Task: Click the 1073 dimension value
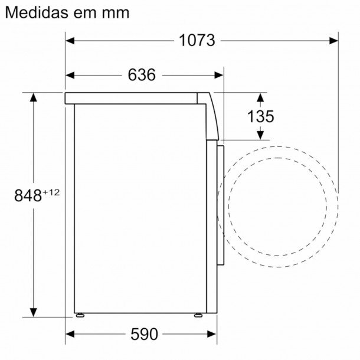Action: tap(198, 41)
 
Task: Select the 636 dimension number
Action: tap(142, 75)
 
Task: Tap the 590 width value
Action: tap(143, 334)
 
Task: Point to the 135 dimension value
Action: tap(260, 116)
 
